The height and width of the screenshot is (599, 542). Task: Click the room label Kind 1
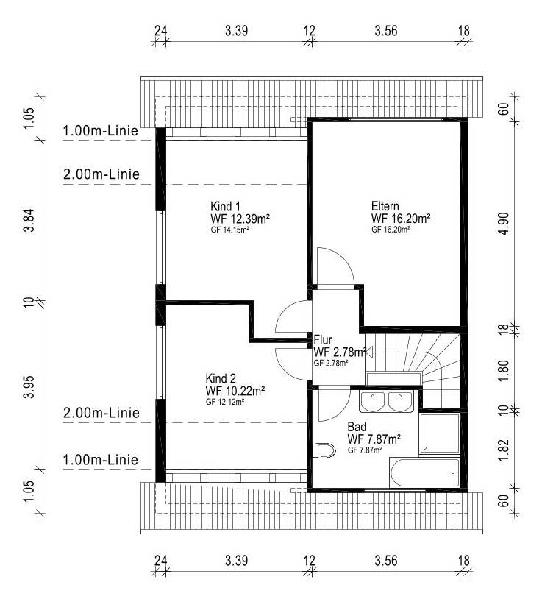(225, 206)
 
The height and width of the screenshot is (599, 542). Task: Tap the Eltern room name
(385, 206)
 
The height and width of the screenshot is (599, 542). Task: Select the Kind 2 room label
(221, 378)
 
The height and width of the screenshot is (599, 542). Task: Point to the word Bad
(357, 426)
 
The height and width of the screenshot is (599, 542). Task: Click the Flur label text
(323, 340)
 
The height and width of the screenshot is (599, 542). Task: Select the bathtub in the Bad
(425, 472)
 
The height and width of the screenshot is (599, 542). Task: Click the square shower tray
(439, 433)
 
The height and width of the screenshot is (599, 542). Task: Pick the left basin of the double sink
(373, 402)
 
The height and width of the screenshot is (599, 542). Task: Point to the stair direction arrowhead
(368, 352)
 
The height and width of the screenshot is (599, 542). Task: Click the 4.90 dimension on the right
(504, 224)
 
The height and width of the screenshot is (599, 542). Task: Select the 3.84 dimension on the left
(29, 221)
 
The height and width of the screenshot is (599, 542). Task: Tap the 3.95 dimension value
(29, 387)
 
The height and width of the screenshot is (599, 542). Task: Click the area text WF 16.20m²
(401, 219)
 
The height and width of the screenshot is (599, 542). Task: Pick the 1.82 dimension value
(504, 450)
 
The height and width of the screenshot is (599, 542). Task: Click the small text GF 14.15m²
(229, 230)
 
